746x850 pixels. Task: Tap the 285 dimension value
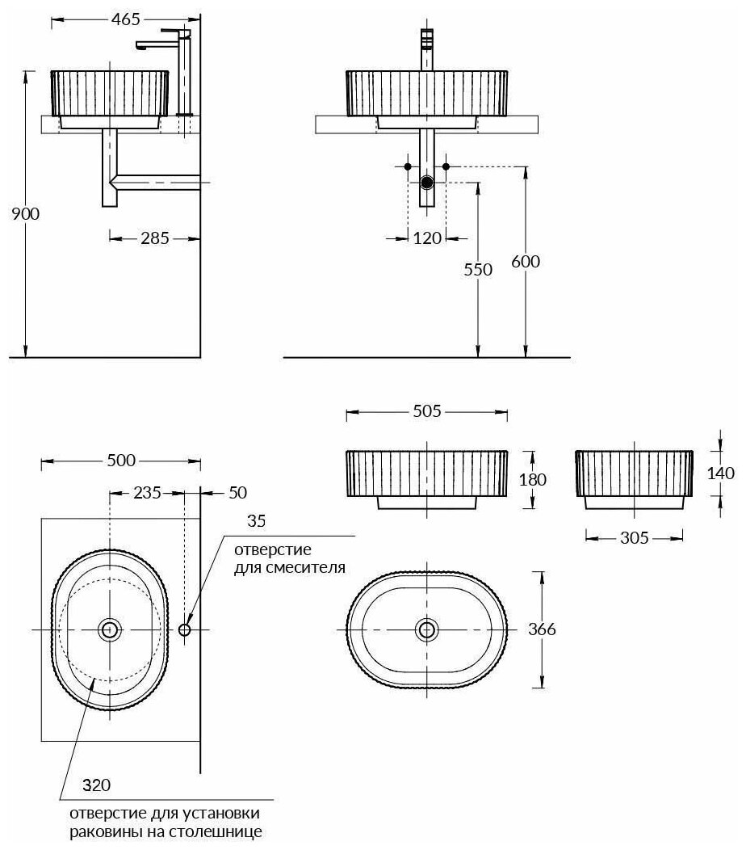[x=154, y=238]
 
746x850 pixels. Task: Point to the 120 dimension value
[x=428, y=238]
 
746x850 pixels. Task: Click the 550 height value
[x=478, y=270]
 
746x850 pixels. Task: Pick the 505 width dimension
[x=426, y=411]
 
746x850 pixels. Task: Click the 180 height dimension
[x=534, y=478]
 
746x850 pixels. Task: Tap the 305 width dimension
[x=635, y=537]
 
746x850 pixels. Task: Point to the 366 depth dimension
[x=541, y=629]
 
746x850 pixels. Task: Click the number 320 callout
[x=96, y=785]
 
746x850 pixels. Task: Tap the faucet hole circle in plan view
[x=185, y=629]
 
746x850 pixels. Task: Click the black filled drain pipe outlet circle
[x=428, y=183]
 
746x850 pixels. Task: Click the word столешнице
[x=224, y=831]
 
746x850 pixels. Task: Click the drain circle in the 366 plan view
[x=426, y=629]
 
